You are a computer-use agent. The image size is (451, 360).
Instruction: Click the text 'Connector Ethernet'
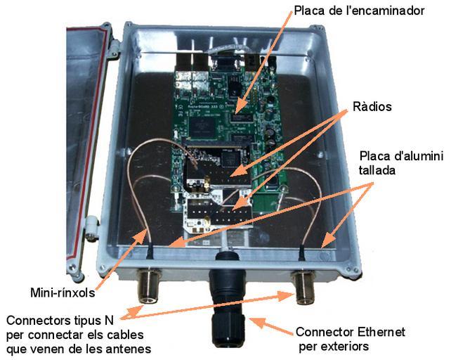350,332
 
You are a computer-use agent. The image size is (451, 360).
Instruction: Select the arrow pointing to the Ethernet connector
270,325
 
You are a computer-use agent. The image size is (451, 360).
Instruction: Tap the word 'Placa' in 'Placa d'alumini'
372,155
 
